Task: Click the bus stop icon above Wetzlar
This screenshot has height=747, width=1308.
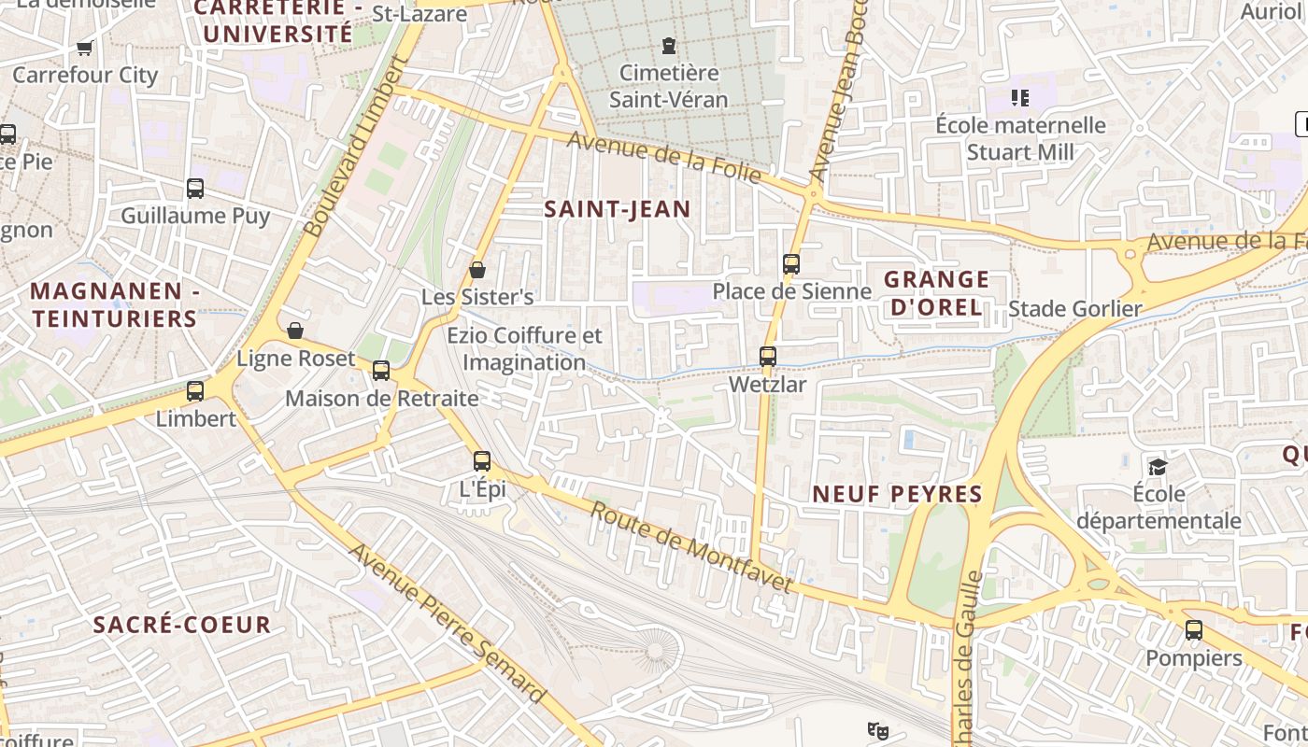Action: pyautogui.click(x=767, y=356)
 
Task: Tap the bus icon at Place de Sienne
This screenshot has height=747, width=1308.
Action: pyautogui.click(x=791, y=263)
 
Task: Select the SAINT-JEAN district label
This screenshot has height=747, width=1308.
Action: pyautogui.click(x=618, y=209)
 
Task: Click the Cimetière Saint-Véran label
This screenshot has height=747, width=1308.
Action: pyautogui.click(x=669, y=86)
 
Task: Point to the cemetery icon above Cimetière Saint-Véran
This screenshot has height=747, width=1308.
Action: pyautogui.click(x=668, y=45)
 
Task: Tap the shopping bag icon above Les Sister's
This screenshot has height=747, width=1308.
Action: pyautogui.click(x=477, y=270)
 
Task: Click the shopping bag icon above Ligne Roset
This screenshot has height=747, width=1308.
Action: pyautogui.click(x=295, y=331)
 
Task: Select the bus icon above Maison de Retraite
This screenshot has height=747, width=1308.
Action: pyautogui.click(x=381, y=371)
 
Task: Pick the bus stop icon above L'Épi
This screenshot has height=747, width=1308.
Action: pyautogui.click(x=482, y=460)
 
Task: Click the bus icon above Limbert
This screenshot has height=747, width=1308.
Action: pyautogui.click(x=195, y=391)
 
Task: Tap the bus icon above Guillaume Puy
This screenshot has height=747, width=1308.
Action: pyautogui.click(x=195, y=189)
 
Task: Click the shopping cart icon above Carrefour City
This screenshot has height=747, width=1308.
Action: pyautogui.click(x=85, y=48)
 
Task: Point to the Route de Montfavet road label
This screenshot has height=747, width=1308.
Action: pyautogui.click(x=691, y=547)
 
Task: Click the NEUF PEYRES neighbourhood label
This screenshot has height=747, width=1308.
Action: pyautogui.click(x=897, y=494)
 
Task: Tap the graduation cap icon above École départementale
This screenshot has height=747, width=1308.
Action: pyautogui.click(x=1159, y=466)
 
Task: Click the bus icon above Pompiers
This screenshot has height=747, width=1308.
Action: pyautogui.click(x=1194, y=630)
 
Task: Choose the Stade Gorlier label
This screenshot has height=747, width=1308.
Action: pyautogui.click(x=1075, y=309)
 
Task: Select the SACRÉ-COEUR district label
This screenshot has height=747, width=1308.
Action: pyautogui.click(x=182, y=625)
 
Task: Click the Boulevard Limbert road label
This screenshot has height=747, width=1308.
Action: pyautogui.click(x=358, y=147)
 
